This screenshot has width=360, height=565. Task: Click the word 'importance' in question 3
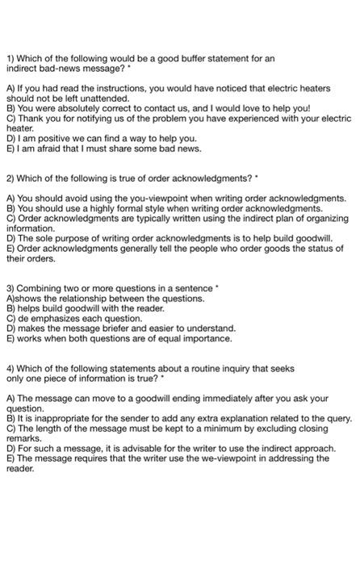(203, 339)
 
